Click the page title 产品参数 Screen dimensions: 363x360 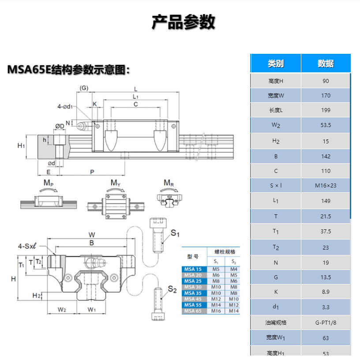point(183,22)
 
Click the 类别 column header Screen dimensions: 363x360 point(276,64)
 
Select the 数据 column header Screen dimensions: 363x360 point(326,64)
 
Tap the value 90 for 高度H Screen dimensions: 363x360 point(326,81)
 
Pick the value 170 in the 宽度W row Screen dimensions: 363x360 point(326,96)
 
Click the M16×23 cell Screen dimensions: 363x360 point(326,186)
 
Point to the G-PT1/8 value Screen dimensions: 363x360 point(326,322)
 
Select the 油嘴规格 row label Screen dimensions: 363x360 point(276,322)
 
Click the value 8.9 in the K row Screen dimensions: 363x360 point(326,292)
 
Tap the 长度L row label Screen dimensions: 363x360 point(276,110)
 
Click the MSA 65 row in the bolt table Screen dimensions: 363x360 point(193,311)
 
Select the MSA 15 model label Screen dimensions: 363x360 point(193,269)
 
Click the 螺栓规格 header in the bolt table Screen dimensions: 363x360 point(225,252)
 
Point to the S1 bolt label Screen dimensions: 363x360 point(175,233)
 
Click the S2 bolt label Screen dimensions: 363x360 point(172,290)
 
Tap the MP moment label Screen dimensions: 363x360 point(49,183)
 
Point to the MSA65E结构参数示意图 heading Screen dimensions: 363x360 point(68,70)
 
